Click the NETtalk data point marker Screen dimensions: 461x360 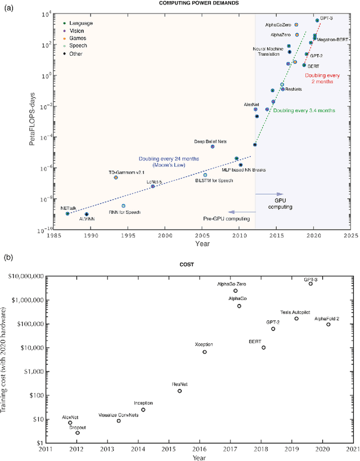tap(67, 214)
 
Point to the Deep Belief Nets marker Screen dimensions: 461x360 tap(213, 146)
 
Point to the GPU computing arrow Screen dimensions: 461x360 tap(268, 194)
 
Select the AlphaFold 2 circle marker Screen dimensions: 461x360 tap(328, 324)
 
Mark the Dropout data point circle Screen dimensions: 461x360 tap(78, 432)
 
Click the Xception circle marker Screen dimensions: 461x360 tap(205, 352)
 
